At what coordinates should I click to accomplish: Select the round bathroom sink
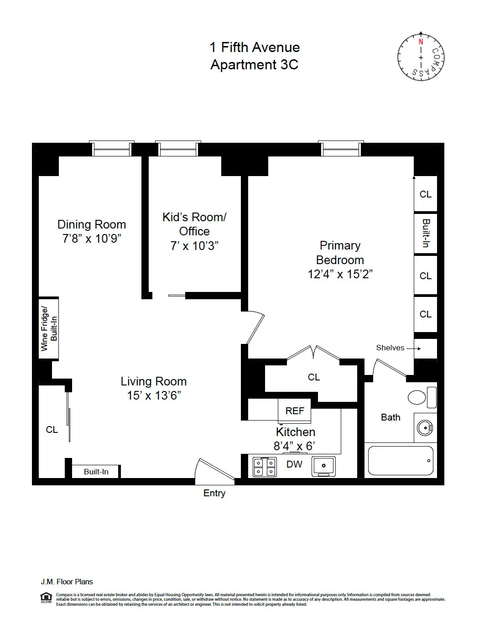425,428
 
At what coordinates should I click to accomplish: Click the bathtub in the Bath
400,461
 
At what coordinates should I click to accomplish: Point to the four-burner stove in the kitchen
265,467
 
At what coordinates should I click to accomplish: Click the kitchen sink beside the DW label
323,466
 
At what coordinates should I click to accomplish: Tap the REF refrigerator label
295,411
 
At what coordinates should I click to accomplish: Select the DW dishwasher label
294,464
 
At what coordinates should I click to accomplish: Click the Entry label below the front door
214,493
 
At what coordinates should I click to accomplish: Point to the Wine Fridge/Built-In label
49,328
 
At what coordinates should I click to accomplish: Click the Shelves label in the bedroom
390,348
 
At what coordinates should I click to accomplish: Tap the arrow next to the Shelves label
413,348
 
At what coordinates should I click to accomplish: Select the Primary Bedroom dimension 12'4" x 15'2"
340,274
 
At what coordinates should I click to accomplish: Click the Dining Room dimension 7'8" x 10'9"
92,239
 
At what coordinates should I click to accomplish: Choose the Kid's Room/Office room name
194,224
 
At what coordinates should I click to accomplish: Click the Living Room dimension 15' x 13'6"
154,395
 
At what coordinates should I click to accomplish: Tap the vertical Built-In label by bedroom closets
426,233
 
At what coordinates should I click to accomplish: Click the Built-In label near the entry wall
96,472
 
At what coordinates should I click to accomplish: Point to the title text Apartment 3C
254,65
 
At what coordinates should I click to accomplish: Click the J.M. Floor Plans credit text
67,582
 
